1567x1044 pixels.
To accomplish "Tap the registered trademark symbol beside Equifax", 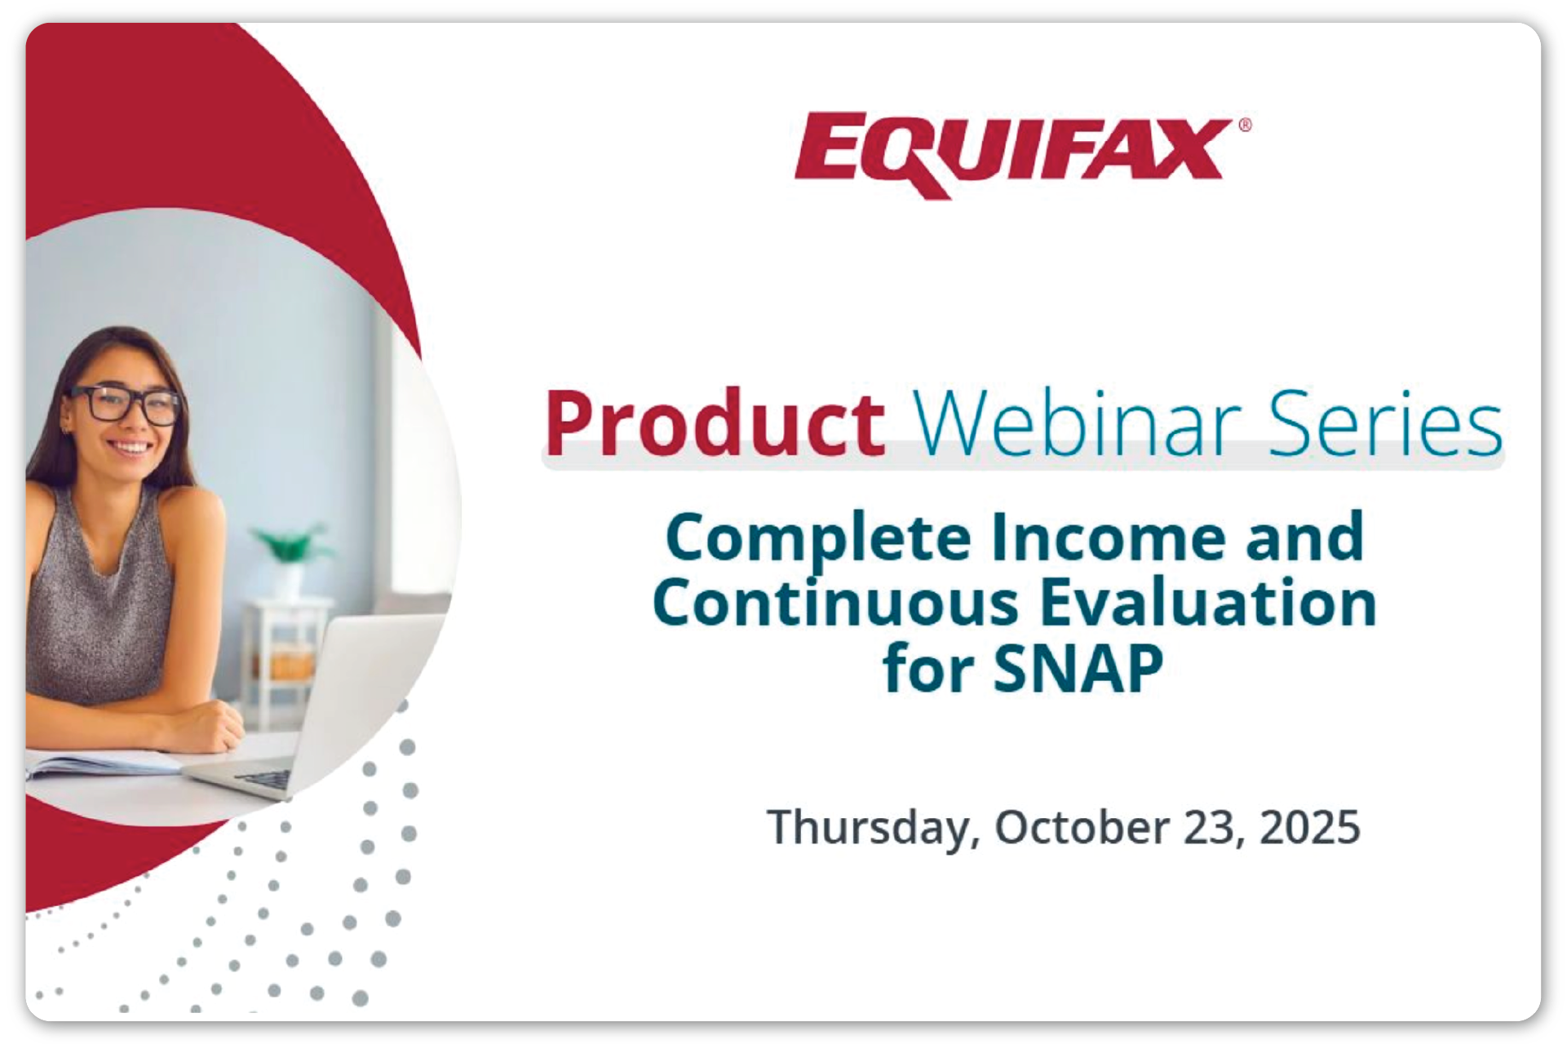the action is point(1245,125).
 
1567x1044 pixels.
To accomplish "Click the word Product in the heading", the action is point(715,423).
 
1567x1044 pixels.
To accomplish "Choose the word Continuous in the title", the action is point(836,603).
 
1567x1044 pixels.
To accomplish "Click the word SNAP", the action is point(1078,669).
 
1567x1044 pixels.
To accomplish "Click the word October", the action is point(1082,827).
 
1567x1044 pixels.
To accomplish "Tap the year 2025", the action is point(1310,827).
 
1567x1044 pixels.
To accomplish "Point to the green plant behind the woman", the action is point(290,543).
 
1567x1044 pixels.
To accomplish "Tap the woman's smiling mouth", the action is point(131,448).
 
